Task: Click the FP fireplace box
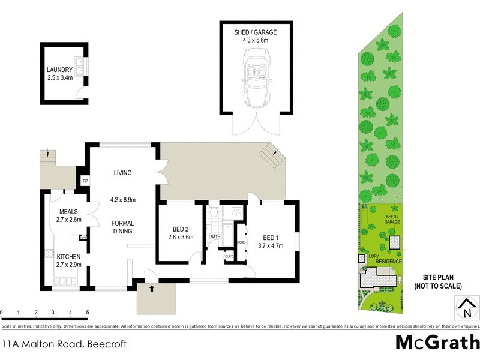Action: [x=85, y=181]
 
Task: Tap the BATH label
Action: [x=215, y=236]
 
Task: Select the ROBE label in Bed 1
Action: [x=241, y=242]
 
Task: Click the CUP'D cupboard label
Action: [x=229, y=256]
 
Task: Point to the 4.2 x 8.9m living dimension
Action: [x=123, y=200]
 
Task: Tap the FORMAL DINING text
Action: [x=122, y=227]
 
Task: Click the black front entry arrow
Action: [x=151, y=289]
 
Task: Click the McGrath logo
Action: [x=437, y=343]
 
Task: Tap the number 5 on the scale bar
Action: [x=88, y=313]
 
